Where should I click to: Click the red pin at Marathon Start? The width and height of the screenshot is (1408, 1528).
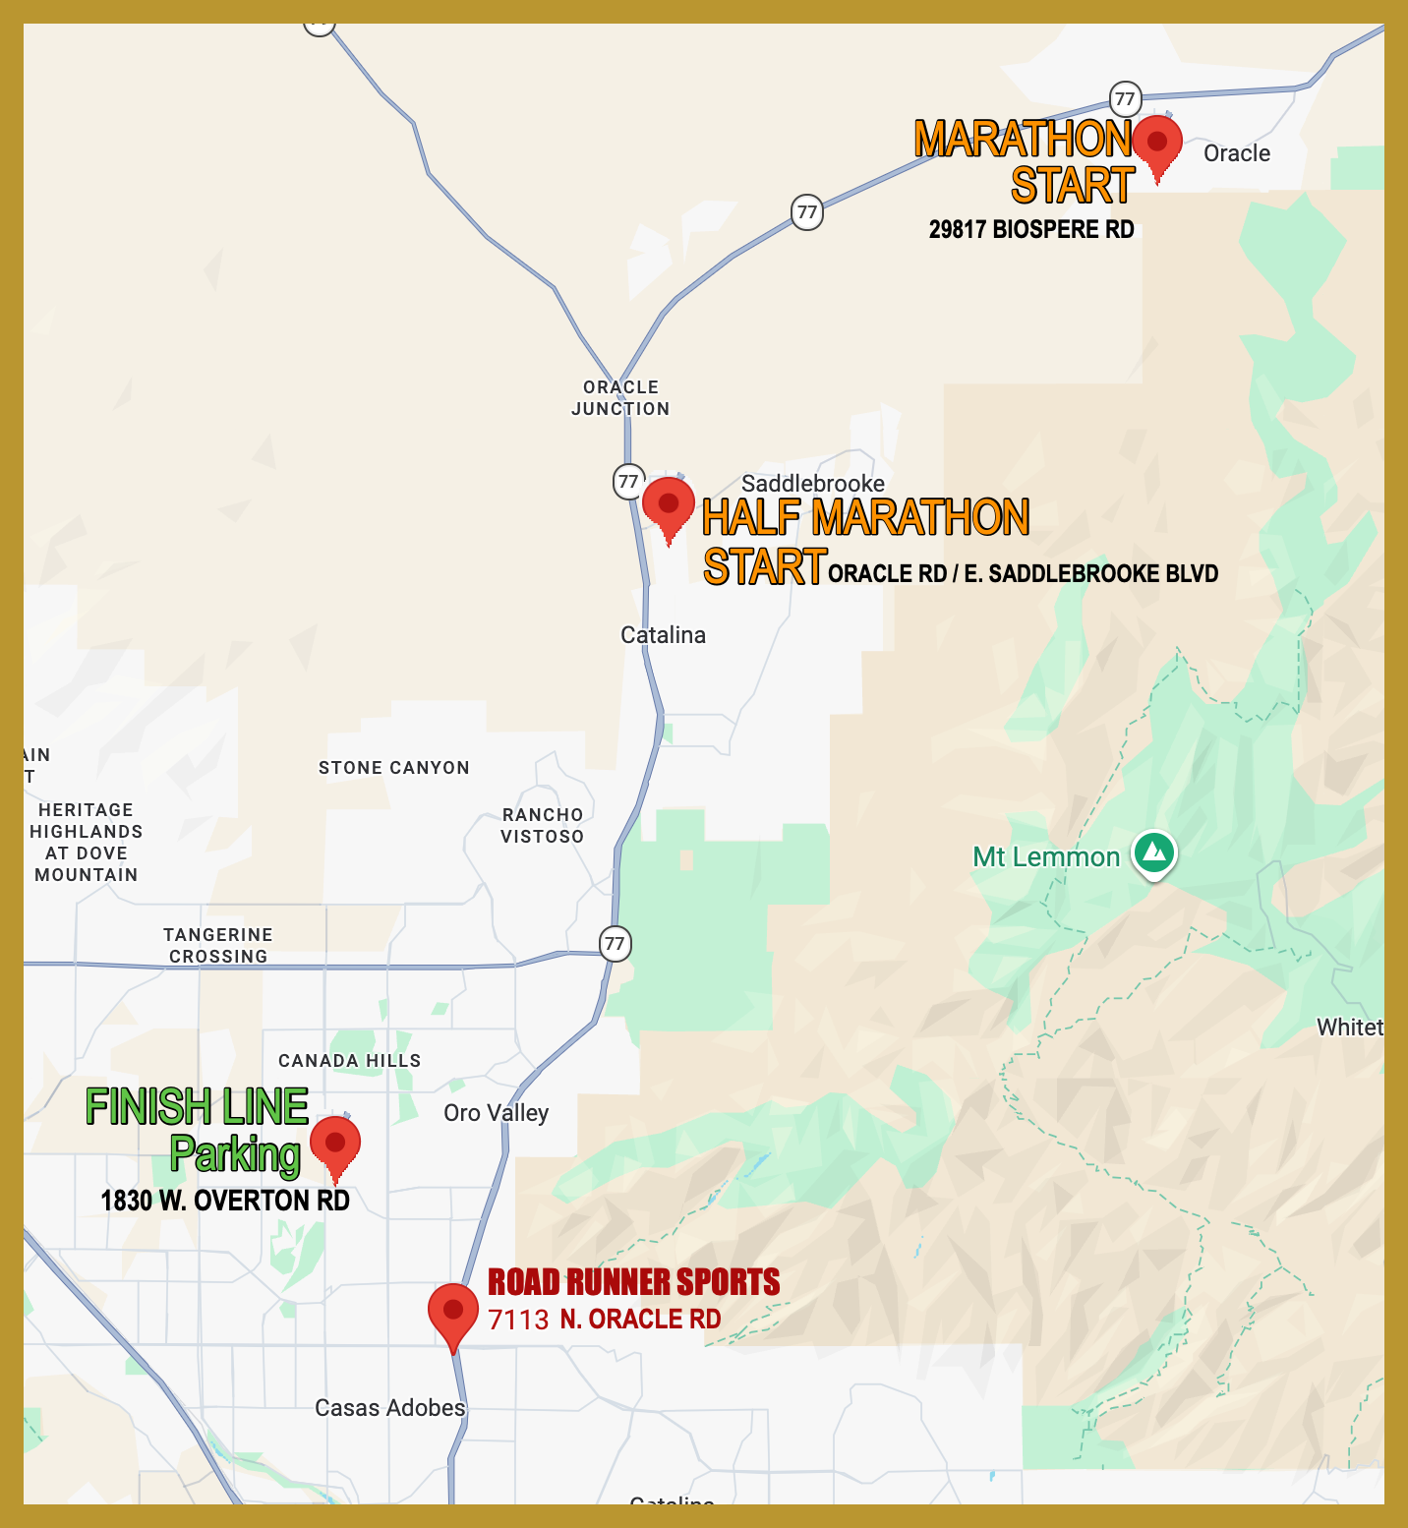tap(1157, 143)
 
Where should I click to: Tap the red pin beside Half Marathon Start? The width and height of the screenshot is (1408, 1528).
tap(669, 504)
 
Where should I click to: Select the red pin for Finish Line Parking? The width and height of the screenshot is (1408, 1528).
tap(335, 1144)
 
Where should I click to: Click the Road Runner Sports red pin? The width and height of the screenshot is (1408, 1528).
tap(453, 1312)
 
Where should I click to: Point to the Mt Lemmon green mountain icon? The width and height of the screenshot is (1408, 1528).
tap(1154, 852)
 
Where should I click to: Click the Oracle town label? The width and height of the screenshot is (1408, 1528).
tap(1236, 153)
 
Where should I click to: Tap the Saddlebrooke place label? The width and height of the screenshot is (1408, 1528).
tap(812, 483)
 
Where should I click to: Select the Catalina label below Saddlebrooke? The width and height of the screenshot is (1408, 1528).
tap(663, 635)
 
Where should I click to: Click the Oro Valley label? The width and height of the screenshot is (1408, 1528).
tap(496, 1113)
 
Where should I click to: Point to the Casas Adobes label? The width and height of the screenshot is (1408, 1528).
tap(389, 1408)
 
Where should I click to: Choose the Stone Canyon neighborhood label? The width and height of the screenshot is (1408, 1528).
tap(393, 768)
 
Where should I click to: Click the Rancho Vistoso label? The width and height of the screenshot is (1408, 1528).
tap(542, 826)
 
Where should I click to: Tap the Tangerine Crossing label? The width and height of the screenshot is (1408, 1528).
tap(217, 946)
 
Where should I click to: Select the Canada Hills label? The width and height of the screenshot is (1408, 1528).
tap(349, 1061)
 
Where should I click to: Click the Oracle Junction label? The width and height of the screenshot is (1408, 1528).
tap(620, 398)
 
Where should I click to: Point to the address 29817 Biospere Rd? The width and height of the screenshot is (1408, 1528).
tap(1031, 230)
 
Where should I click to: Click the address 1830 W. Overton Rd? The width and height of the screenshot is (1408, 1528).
tap(225, 1201)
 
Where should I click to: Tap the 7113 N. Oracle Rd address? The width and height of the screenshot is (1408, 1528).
tap(605, 1320)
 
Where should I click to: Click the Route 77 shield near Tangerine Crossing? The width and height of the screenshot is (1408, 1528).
tap(615, 944)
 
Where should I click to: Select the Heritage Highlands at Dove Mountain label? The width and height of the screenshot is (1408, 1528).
tap(86, 843)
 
